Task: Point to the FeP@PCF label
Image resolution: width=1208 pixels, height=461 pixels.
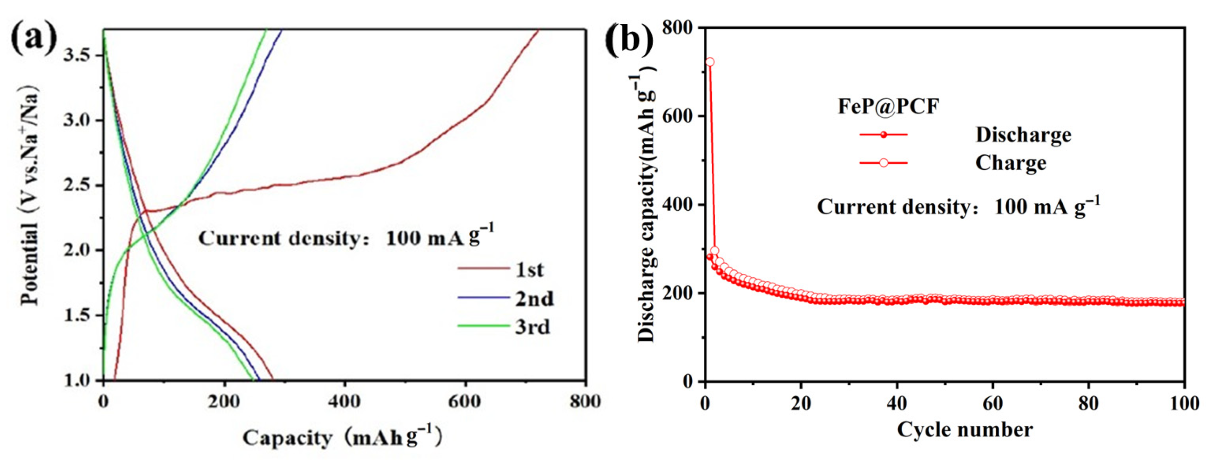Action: coord(888,107)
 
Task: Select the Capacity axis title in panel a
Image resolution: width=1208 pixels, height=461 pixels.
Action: coord(342,438)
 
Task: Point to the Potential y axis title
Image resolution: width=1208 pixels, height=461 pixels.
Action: coord(29,197)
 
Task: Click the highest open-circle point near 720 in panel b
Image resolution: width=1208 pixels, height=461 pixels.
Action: coord(710,62)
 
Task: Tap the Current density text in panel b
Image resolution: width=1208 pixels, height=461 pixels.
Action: coord(958,207)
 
